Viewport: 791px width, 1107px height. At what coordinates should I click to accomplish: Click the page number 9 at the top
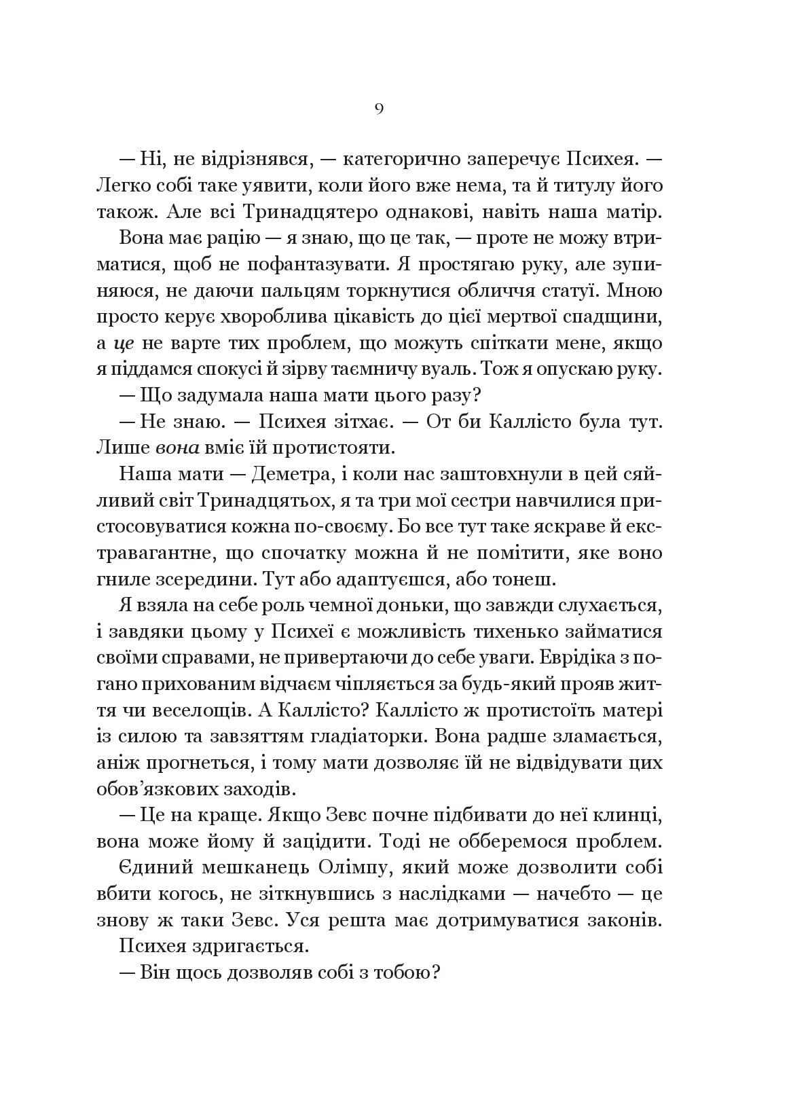pyautogui.click(x=379, y=109)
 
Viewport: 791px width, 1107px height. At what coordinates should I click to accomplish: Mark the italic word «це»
pyautogui.click(x=124, y=343)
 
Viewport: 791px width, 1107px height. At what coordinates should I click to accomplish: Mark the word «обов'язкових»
pyautogui.click(x=150, y=790)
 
